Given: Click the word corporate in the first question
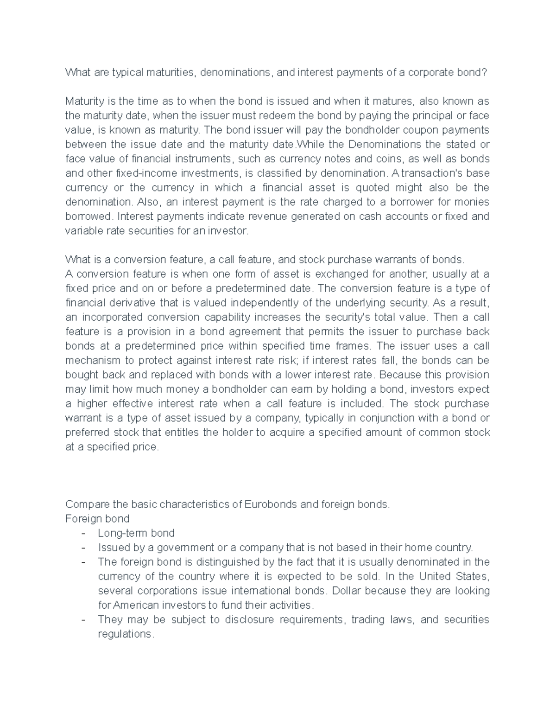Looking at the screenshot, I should click(431, 72).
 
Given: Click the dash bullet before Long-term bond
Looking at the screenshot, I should click(83, 533).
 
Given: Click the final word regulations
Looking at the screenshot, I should click(125, 634).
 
